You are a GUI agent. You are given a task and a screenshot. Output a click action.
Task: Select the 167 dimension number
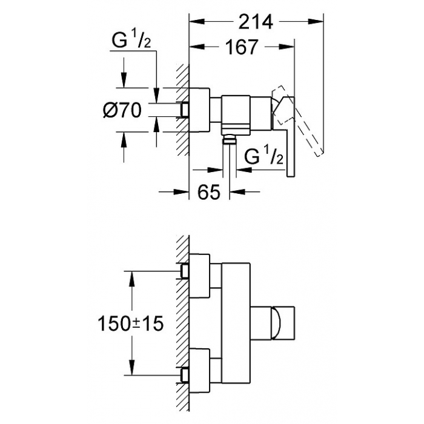(242, 47)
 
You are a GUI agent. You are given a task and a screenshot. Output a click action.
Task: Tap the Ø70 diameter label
(122, 111)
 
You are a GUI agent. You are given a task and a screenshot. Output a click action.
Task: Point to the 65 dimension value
(209, 192)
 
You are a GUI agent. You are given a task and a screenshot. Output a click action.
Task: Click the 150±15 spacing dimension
(131, 323)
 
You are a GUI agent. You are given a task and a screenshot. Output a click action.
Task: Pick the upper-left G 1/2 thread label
(131, 41)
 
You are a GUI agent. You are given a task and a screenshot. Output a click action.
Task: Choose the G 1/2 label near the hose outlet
(264, 156)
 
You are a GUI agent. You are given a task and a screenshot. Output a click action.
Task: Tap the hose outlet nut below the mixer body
(230, 141)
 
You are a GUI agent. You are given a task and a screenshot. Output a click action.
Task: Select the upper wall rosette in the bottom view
(199, 276)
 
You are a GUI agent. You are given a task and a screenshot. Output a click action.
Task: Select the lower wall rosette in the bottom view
(199, 371)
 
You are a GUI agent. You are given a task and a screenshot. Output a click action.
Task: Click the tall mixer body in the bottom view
(236, 323)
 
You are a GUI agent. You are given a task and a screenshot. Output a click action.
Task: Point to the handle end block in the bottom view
(283, 323)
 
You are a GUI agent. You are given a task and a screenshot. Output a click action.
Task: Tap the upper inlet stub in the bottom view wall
(185, 271)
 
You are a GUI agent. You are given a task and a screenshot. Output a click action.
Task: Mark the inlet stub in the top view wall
(185, 110)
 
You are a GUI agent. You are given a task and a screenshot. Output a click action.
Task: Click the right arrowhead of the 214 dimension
(316, 22)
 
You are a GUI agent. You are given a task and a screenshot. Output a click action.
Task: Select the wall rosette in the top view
(199, 110)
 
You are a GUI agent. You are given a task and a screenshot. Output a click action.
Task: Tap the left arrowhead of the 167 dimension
(197, 47)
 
